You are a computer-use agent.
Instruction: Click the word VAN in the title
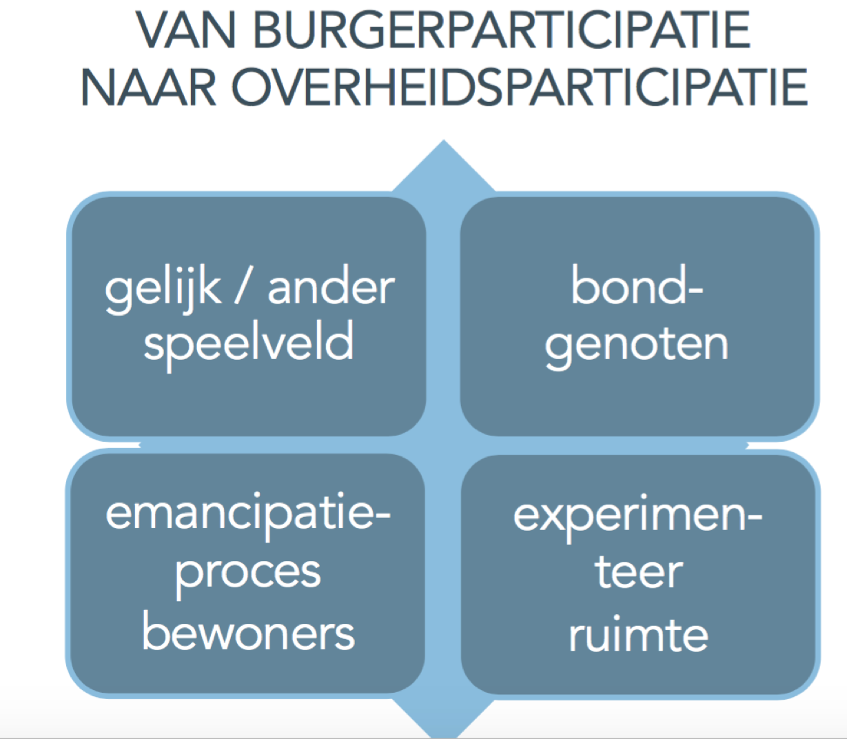pyautogui.click(x=185, y=30)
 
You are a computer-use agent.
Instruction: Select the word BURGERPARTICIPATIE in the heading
pyautogui.click(x=502, y=30)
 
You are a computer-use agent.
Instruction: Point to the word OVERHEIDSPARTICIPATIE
pyautogui.click(x=520, y=88)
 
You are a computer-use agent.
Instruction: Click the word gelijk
pyautogui.click(x=163, y=289)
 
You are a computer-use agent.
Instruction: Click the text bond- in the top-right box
pyautogui.click(x=637, y=285)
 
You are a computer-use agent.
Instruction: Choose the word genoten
pyautogui.click(x=637, y=346)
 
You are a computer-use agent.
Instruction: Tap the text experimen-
pyautogui.click(x=637, y=517)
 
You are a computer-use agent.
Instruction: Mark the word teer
pyautogui.click(x=639, y=573)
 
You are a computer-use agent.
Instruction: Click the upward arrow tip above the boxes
pyautogui.click(x=444, y=141)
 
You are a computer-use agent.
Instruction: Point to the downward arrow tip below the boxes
pyautogui.click(x=444, y=736)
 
